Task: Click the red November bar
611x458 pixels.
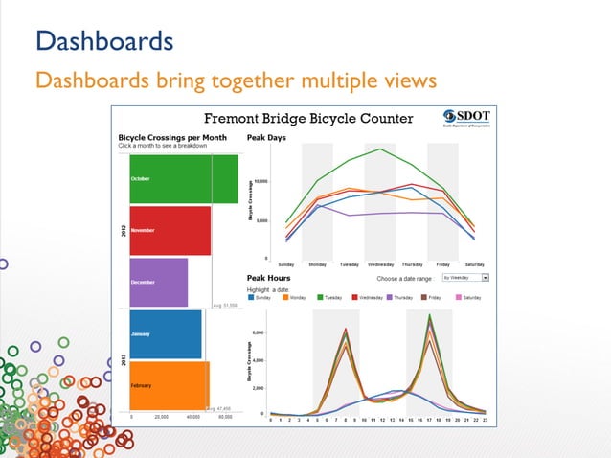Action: [170, 231]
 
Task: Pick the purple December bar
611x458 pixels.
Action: [158, 282]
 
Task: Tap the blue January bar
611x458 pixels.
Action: [166, 333]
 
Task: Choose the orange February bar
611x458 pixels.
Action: [169, 384]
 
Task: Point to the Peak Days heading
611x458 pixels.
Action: [266, 138]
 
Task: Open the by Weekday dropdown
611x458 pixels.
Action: [464, 277]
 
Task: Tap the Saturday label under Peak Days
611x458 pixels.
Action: [474, 263]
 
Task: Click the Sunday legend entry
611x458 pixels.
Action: [260, 298]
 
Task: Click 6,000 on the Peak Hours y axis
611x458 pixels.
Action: [260, 332]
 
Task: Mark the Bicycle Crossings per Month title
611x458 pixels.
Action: [171, 138]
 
